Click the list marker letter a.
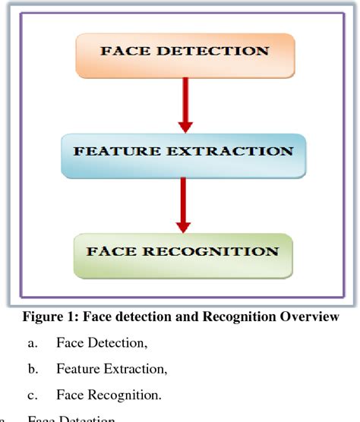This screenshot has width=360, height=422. pos(32,344)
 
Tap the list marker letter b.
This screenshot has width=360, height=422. pos(32,370)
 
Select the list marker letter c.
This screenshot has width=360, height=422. pos(32,395)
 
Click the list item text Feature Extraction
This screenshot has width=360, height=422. pos(111,370)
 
